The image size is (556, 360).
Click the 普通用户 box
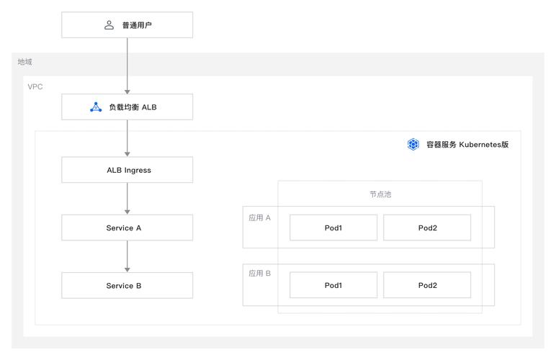click(x=127, y=25)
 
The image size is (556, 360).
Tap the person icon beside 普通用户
click(x=109, y=25)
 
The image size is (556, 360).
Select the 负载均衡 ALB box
click(x=127, y=107)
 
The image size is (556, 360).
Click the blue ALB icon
click(x=96, y=107)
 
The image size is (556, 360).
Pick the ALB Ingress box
click(x=127, y=170)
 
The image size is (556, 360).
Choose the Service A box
click(x=127, y=228)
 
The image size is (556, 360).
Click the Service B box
click(x=127, y=285)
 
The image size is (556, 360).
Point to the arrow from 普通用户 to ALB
click(x=127, y=66)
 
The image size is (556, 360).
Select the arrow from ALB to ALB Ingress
click(x=127, y=138)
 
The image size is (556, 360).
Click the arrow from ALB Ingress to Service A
click(x=127, y=199)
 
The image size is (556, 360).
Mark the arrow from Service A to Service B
click(x=127, y=256)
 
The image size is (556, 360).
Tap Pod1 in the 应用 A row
click(x=333, y=228)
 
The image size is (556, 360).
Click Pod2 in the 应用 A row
click(x=426, y=228)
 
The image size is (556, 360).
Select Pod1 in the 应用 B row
click(x=333, y=285)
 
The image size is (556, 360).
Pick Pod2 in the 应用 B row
click(x=426, y=285)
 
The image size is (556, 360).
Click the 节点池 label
click(x=380, y=194)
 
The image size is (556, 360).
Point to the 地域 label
click(x=25, y=62)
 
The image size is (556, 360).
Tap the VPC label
click(x=35, y=86)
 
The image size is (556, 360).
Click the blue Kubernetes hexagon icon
click(x=413, y=144)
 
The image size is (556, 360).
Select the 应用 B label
click(x=259, y=274)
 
